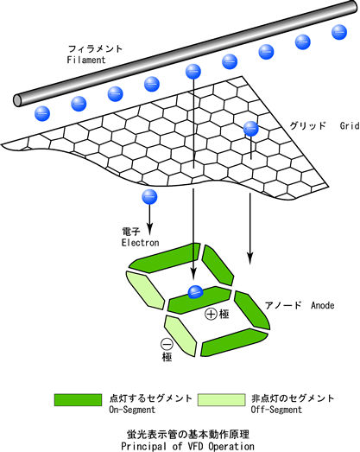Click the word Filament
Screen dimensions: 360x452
(86, 60)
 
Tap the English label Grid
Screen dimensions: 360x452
(350, 126)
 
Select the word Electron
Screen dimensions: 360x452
(140, 243)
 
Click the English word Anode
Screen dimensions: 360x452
(323, 305)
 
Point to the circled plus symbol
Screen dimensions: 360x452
(211, 314)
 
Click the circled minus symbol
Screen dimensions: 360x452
(167, 344)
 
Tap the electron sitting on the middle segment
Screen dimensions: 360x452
(196, 292)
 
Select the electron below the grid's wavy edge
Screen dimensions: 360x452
(149, 197)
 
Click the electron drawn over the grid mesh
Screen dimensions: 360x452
(251, 129)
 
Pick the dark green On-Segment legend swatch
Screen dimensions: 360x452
(78, 400)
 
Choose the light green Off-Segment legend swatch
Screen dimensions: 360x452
(221, 400)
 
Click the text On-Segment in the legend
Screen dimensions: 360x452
(132, 410)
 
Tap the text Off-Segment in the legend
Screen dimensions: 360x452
(276, 410)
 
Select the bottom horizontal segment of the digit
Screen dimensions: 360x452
(234, 343)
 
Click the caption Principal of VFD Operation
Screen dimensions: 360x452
(188, 446)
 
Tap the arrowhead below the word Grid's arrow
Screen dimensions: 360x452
(250, 258)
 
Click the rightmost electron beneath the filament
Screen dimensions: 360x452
(339, 32)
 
